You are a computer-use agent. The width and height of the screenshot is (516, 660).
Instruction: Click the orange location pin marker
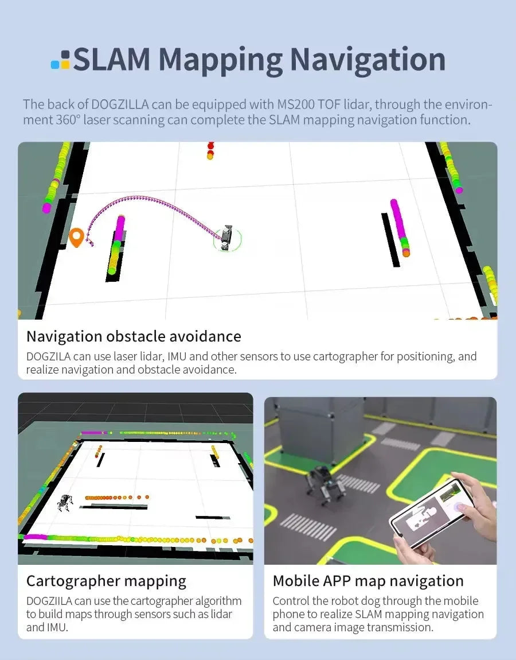(x=76, y=237)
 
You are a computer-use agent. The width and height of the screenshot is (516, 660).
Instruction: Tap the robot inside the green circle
(x=226, y=238)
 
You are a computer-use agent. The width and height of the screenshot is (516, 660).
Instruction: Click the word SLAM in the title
(x=112, y=59)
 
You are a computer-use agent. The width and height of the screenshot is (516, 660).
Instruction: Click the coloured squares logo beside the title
(x=61, y=60)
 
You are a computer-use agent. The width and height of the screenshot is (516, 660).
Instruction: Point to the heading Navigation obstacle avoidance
(x=134, y=336)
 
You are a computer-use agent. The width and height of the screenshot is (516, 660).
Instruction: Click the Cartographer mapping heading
(x=106, y=581)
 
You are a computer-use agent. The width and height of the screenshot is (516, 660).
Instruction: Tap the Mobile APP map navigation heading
(x=368, y=581)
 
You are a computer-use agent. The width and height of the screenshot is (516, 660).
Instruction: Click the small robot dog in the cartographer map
(x=65, y=502)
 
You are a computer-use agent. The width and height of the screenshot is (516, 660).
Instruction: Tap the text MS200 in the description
(x=296, y=104)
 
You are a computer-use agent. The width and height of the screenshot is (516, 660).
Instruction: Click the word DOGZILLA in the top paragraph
(x=120, y=104)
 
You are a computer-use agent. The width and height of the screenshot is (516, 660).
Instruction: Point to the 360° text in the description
(x=68, y=121)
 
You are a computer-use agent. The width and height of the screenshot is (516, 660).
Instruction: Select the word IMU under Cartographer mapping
(x=54, y=628)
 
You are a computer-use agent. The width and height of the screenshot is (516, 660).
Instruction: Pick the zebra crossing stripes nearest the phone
(x=308, y=526)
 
